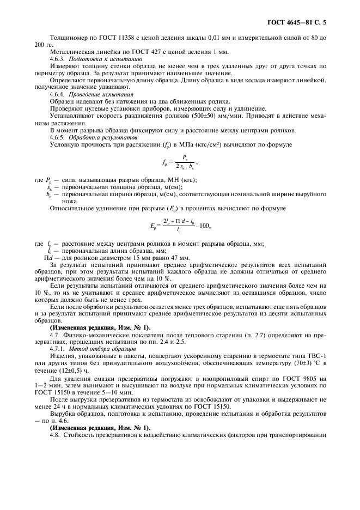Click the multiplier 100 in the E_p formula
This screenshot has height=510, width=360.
click(202, 226)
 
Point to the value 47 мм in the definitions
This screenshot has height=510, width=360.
click(181, 257)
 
